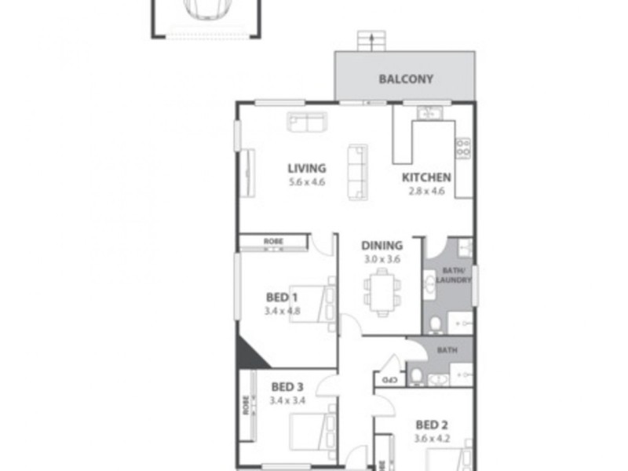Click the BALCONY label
[x=406, y=78]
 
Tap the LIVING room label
[x=306, y=167]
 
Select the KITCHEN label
[x=426, y=177]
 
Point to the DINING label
[x=382, y=245]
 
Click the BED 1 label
[x=281, y=297]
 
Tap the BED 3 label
[x=287, y=386]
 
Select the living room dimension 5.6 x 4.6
[x=306, y=182]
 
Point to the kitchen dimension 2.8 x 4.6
[x=426, y=190]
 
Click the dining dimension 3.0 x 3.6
[x=382, y=257]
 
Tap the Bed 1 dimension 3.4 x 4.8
[x=281, y=310]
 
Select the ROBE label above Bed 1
[x=273, y=241]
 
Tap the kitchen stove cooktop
[x=463, y=147]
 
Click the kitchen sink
[x=430, y=113]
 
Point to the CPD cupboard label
[x=388, y=381]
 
